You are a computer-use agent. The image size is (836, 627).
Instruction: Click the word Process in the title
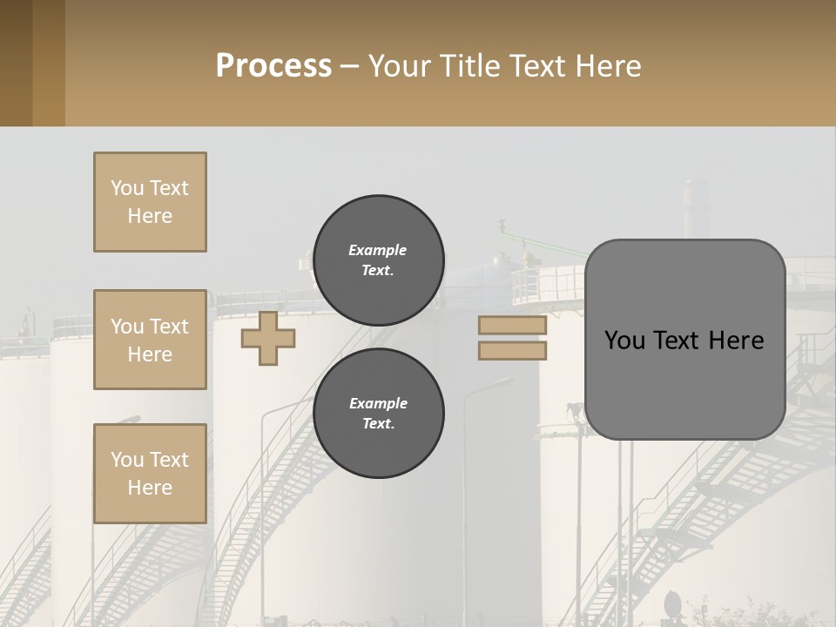tap(273, 65)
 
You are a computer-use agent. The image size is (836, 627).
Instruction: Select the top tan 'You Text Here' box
tap(150, 202)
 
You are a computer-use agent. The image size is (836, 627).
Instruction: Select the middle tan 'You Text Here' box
tap(150, 340)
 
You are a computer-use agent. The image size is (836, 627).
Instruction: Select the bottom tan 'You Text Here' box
tap(150, 473)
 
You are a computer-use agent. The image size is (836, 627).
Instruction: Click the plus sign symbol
tap(267, 339)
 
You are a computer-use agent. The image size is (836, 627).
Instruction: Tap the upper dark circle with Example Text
tap(378, 260)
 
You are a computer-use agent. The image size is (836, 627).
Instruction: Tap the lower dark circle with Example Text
tap(378, 413)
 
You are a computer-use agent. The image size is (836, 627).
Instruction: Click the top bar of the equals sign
tap(513, 325)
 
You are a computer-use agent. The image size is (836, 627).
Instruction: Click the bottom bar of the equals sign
tap(513, 350)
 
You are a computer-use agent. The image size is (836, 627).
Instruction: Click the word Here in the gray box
tap(736, 340)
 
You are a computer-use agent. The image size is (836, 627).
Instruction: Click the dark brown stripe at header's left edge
tap(16, 63)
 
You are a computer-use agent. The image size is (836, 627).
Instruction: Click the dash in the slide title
tap(349, 66)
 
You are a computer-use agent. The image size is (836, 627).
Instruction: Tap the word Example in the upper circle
tap(378, 250)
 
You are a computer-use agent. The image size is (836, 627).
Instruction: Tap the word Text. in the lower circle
tap(378, 424)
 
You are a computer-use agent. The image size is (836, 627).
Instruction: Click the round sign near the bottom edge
tap(673, 603)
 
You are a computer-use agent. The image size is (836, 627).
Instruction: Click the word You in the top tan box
tap(127, 188)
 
